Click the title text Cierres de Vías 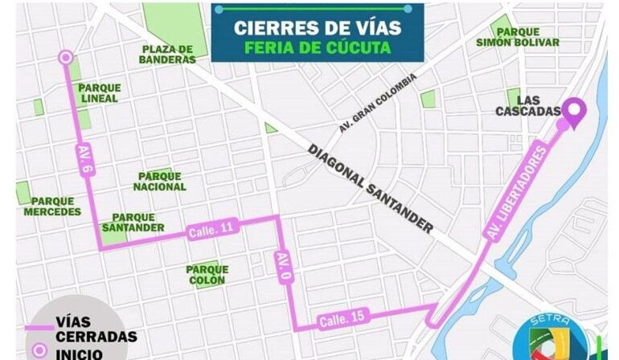click(317, 27)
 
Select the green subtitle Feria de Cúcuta click(317, 47)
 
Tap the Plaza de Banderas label click(167, 54)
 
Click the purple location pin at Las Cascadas click(573, 112)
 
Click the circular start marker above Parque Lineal click(66, 57)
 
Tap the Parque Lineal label click(100, 93)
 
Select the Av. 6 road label click(85, 161)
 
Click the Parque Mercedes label click(52, 207)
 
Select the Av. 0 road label click(282, 268)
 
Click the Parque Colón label click(207, 275)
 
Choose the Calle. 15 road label click(342, 318)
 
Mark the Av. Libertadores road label click(517, 192)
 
